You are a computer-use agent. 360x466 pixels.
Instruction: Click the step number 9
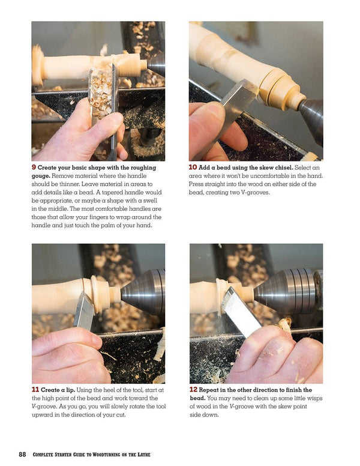pyautogui.click(x=34, y=168)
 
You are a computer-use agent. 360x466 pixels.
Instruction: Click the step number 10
pyautogui.click(x=193, y=168)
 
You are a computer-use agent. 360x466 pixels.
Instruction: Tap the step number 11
pyautogui.click(x=35, y=389)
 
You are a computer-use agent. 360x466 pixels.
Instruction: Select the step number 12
pyautogui.click(x=194, y=390)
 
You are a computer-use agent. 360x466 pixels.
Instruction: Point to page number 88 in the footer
pyautogui.click(x=22, y=454)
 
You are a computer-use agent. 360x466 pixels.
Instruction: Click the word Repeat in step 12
pyautogui.click(x=214, y=390)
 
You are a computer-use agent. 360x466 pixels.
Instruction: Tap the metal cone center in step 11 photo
pyautogui.click(x=141, y=292)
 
